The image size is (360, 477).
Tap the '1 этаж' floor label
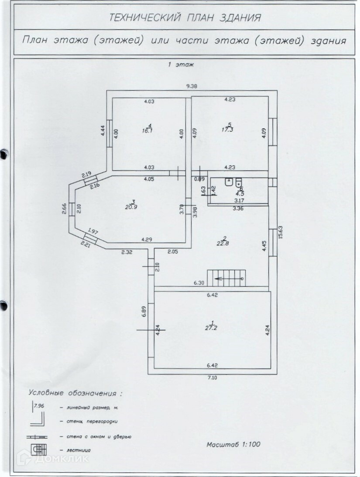click(181, 65)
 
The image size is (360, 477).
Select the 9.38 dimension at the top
click(191, 86)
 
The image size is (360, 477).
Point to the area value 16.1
click(146, 130)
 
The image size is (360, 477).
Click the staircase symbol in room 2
click(226, 278)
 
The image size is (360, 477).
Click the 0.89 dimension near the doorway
click(199, 179)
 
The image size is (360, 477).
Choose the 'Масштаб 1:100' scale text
click(233, 445)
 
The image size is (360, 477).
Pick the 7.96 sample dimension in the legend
click(39, 406)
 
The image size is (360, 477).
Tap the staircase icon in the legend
click(37, 450)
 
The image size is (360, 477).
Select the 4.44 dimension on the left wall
click(103, 130)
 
